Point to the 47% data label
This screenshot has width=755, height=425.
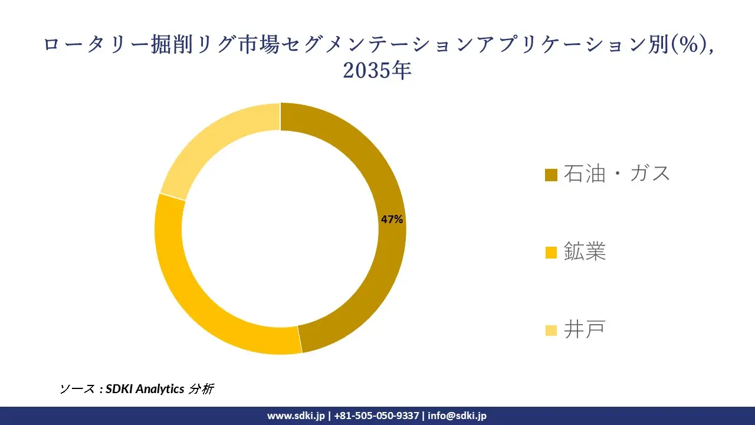(392, 220)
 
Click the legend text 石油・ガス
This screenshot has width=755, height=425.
(617, 174)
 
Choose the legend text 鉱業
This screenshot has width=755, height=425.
(585, 252)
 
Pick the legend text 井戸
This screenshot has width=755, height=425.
(585, 330)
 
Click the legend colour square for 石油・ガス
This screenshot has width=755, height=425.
(551, 175)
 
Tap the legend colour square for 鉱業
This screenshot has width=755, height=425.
(551, 253)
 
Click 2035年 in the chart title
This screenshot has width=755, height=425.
(377, 71)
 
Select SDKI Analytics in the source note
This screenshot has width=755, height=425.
(144, 389)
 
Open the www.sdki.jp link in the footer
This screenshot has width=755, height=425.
(296, 416)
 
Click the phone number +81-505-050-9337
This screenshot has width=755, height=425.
(376, 416)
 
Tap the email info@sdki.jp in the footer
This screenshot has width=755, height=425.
(457, 416)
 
